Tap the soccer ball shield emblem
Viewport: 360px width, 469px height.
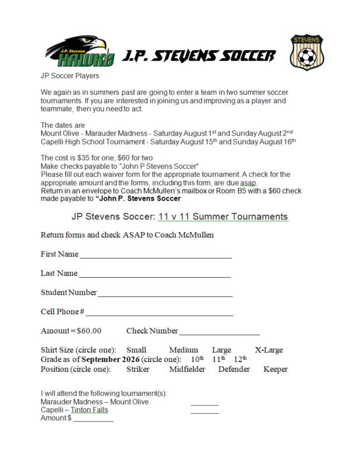point(306,52)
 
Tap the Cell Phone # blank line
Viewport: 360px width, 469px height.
point(159,313)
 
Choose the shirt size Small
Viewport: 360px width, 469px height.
point(136,350)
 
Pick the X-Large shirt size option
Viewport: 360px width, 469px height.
point(268,350)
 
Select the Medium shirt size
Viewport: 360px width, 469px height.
point(184,350)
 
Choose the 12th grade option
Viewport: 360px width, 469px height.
point(240,359)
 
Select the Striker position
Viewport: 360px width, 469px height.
point(137,369)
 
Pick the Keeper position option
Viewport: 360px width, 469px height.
point(275,369)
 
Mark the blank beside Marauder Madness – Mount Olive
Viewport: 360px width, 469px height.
point(204,404)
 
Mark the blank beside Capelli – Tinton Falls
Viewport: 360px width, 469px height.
point(204,412)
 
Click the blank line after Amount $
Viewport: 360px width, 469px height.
point(93,420)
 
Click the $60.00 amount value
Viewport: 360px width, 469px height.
point(89,331)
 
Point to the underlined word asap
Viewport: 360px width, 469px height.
point(248,182)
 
